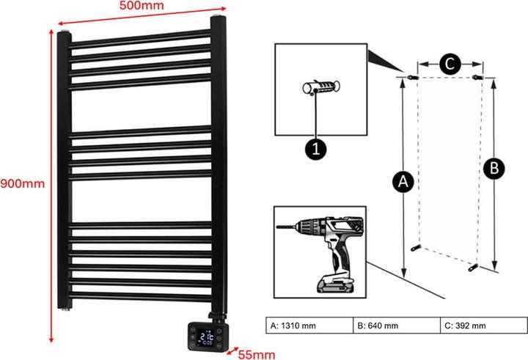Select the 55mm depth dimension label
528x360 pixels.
pyautogui.click(x=256, y=354)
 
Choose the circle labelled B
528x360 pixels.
pyautogui.click(x=495, y=169)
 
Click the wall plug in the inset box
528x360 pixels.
pyautogui.click(x=320, y=89)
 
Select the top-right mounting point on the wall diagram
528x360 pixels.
pyautogui.click(x=478, y=76)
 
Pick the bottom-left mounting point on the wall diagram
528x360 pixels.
pyautogui.click(x=417, y=249)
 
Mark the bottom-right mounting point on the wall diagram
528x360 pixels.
pyautogui.click(x=474, y=267)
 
